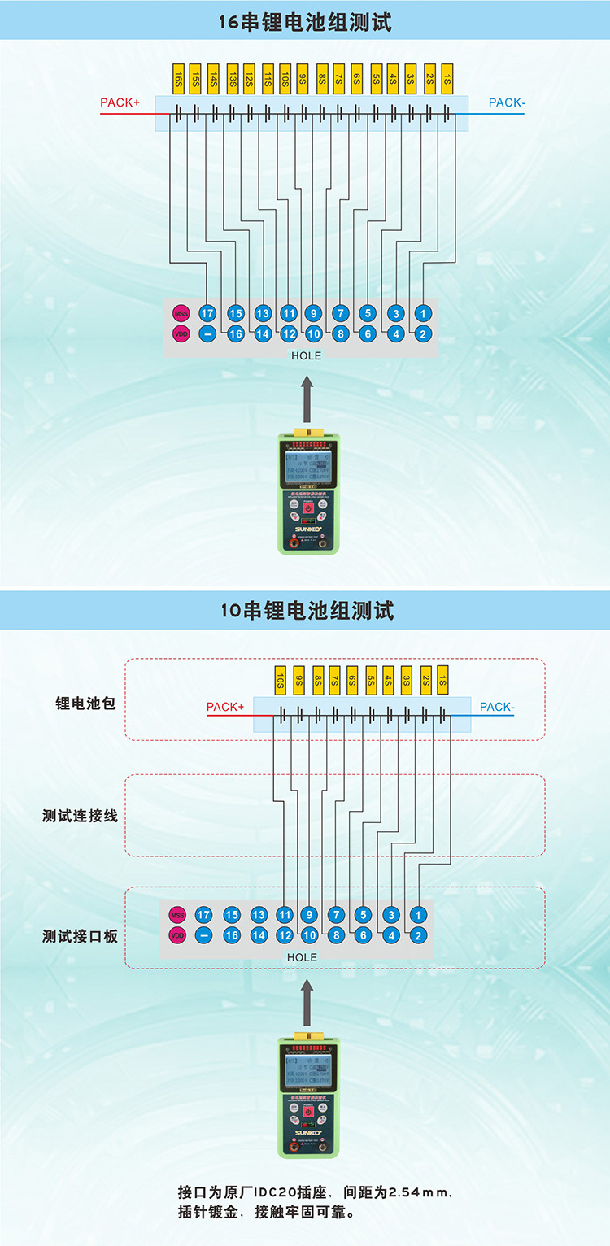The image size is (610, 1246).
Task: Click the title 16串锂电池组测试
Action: click(305, 22)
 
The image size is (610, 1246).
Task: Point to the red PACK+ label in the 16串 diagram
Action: click(120, 103)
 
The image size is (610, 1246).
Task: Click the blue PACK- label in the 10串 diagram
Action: click(497, 707)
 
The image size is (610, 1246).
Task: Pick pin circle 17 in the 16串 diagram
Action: click(207, 313)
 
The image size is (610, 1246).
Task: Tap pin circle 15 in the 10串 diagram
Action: click(232, 915)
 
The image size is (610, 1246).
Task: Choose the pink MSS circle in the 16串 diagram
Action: click(181, 313)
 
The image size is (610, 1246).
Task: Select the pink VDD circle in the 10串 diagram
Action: click(177, 935)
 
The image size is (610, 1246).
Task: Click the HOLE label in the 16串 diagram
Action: click(306, 355)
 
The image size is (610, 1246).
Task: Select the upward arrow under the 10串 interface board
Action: click(306, 1000)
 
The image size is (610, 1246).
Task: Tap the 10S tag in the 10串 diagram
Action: click(279, 680)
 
